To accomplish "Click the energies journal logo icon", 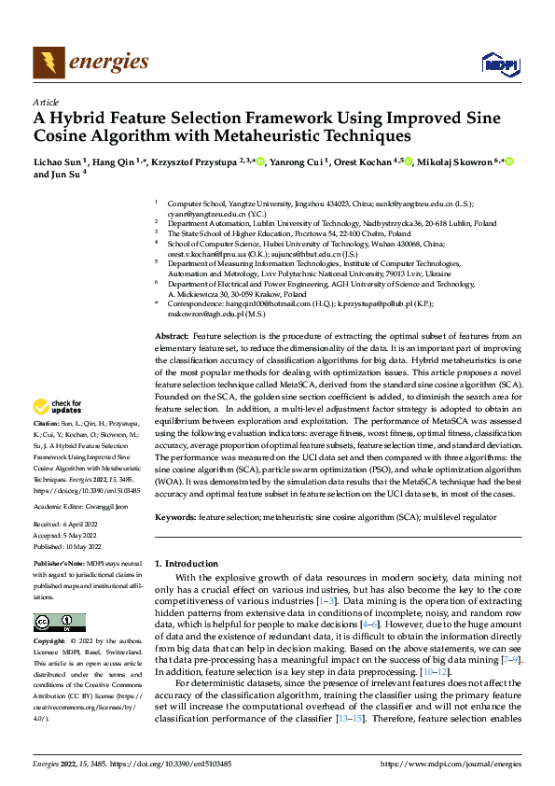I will [x=47, y=63].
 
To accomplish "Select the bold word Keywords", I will [x=175, y=516].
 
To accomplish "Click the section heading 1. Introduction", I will [x=185, y=564].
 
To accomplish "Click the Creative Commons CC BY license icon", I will [x=59, y=623].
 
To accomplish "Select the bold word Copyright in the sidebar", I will [x=49, y=642].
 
